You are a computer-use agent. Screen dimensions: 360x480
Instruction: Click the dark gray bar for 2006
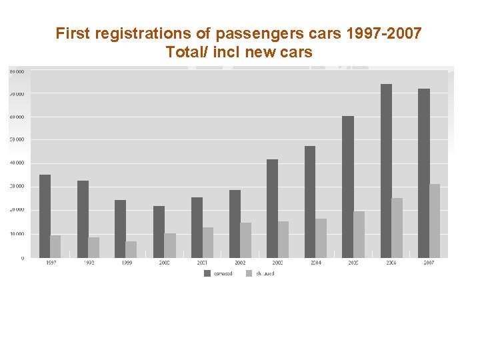(386, 171)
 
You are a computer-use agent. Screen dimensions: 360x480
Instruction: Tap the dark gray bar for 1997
(45, 216)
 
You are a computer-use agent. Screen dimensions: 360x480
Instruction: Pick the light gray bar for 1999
(131, 249)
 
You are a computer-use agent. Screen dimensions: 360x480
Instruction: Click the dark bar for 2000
(159, 231)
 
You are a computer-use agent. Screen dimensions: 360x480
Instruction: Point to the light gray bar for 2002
(246, 240)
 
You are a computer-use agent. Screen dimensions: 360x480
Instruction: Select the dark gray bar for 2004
(310, 201)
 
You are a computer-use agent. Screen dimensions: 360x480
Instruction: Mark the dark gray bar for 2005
(348, 187)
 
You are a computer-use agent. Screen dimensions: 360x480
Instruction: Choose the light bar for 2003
(283, 239)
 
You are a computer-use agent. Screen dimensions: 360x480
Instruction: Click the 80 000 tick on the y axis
(17, 71)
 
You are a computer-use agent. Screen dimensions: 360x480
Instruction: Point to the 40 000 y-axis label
(17, 163)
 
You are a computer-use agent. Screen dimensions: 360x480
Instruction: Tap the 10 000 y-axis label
(17, 234)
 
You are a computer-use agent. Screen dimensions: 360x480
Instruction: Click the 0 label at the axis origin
(22, 257)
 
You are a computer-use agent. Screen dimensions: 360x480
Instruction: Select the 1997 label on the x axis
(51, 263)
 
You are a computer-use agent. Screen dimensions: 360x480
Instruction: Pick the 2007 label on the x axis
(429, 263)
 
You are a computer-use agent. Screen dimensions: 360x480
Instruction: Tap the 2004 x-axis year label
(315, 263)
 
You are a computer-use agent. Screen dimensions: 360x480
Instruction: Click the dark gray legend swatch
(207, 273)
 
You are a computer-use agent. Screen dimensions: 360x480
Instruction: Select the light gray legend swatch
(249, 273)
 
